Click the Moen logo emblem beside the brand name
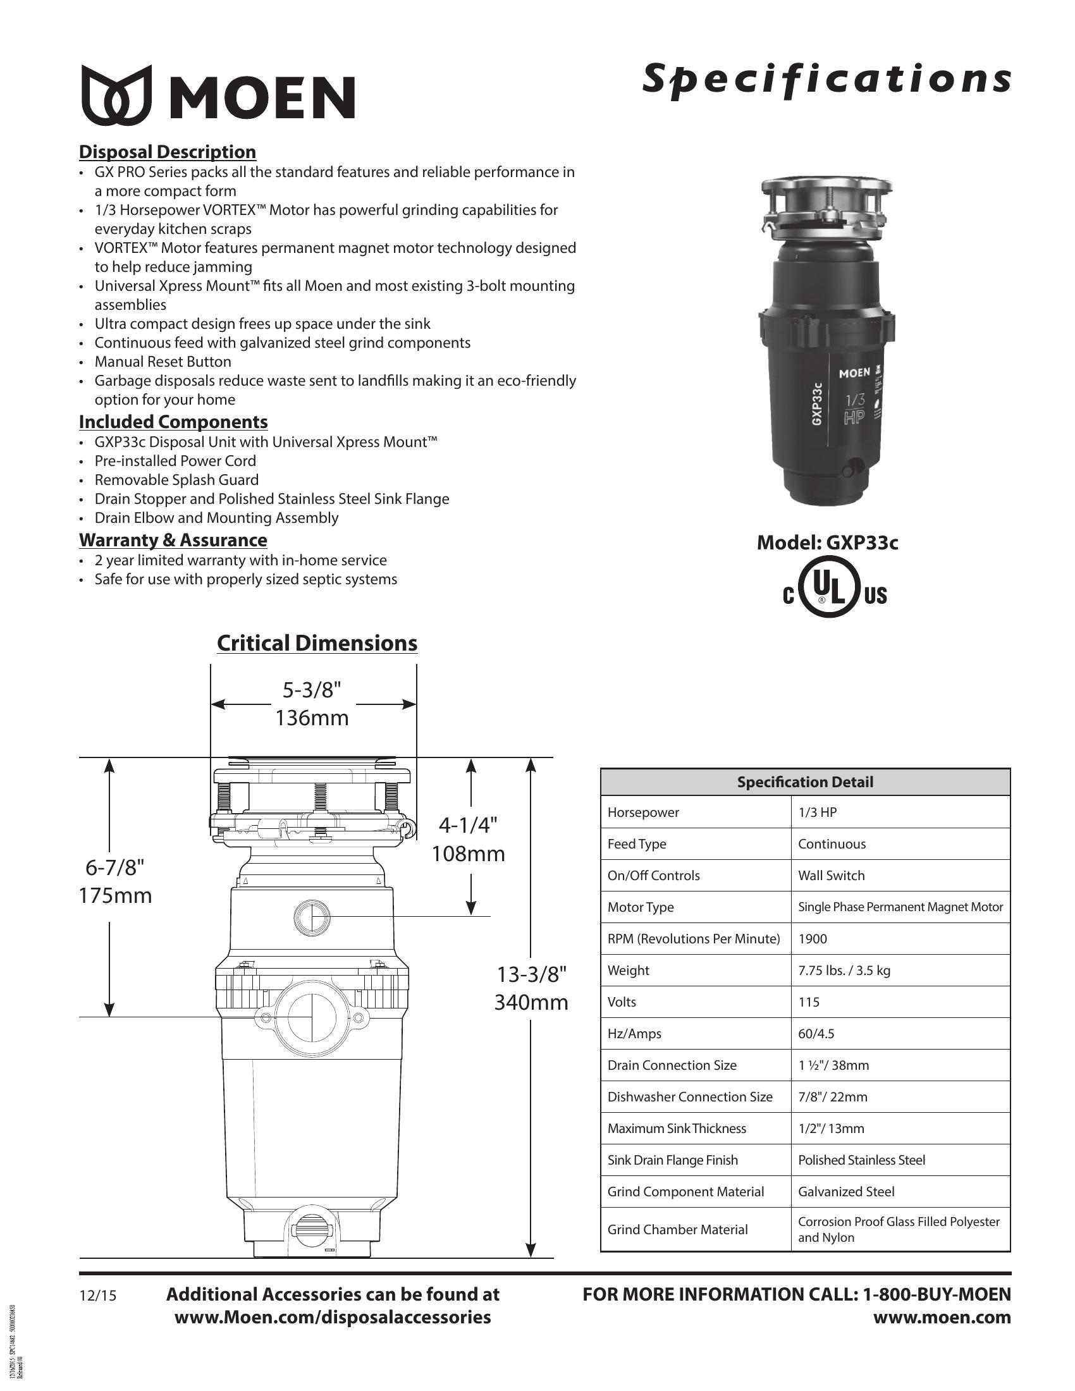(116, 95)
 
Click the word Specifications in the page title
(826, 80)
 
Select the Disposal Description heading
(168, 152)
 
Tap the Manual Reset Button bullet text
(163, 362)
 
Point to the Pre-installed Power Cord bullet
(175, 461)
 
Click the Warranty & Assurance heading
(173, 540)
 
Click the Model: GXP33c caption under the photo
(827, 542)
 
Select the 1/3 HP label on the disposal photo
(855, 409)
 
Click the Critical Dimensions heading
(317, 643)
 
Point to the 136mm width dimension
(312, 718)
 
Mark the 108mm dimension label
(468, 854)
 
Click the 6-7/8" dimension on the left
(115, 867)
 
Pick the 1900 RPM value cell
(813, 939)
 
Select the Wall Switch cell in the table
(831, 876)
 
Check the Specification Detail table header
(805, 782)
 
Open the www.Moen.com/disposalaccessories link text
(333, 1317)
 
